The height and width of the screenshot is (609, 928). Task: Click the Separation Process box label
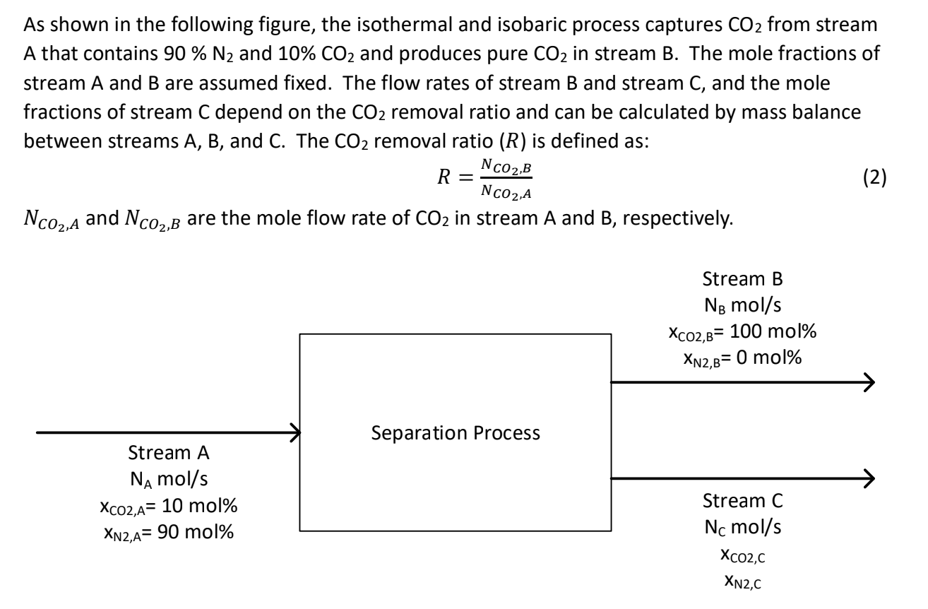point(456,432)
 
